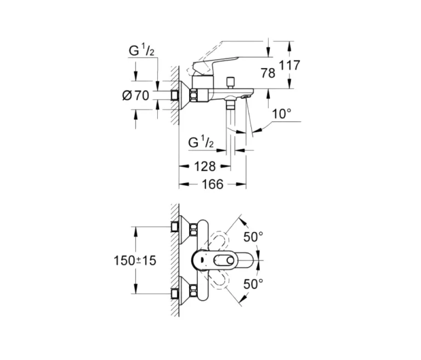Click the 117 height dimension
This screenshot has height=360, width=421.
point(289,66)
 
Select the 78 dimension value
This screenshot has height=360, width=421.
point(268,73)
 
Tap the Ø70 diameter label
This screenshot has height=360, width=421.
point(135,95)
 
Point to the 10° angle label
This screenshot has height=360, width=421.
point(281,114)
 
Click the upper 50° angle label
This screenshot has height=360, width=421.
point(253,237)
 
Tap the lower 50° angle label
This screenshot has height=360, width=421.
point(253,284)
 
